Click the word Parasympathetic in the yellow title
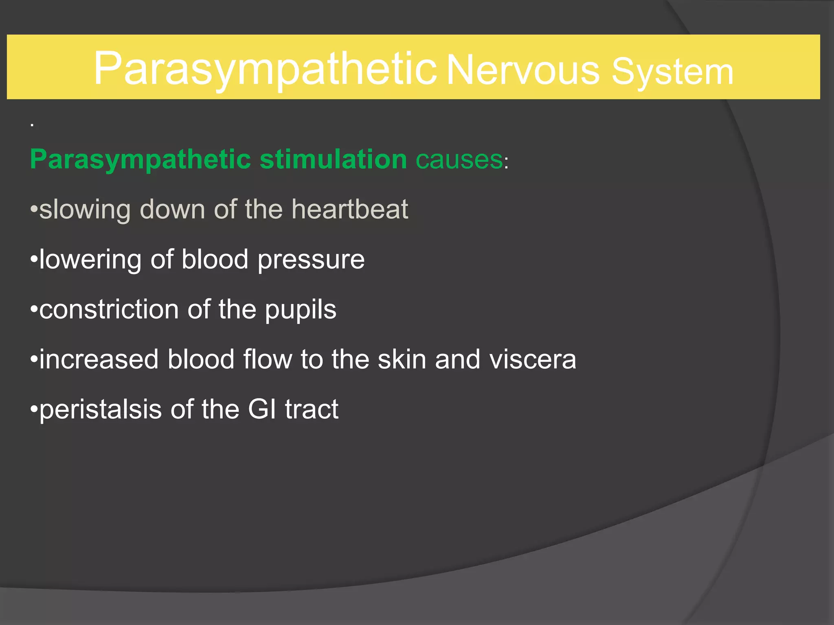(x=265, y=69)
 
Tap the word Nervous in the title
(x=523, y=71)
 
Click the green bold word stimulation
(x=333, y=159)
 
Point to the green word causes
(x=459, y=159)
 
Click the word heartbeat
(x=349, y=209)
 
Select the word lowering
(x=90, y=260)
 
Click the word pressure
(x=311, y=260)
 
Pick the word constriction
(x=109, y=309)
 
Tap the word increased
(x=99, y=359)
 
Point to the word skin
(x=402, y=359)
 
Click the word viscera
(x=533, y=359)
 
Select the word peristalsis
(x=100, y=409)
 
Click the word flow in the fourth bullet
(x=268, y=359)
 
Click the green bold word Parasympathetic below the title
(x=140, y=159)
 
